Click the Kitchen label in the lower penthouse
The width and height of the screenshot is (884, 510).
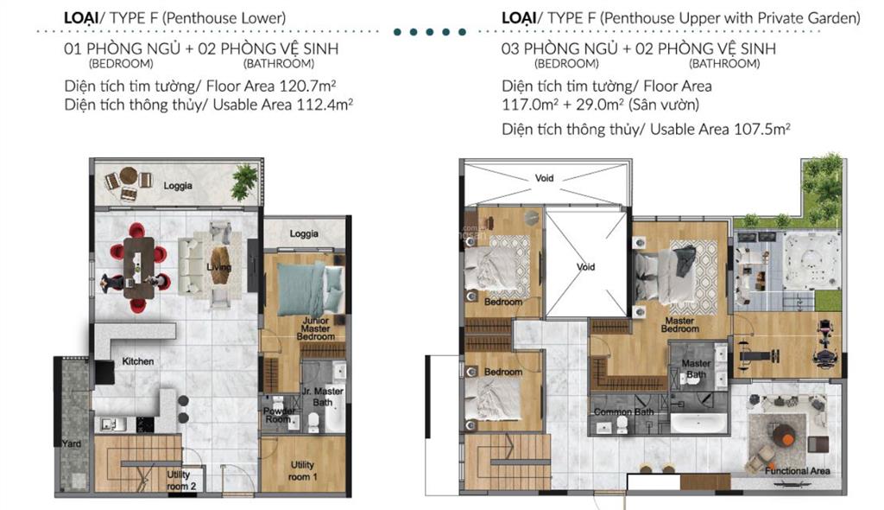[138, 361]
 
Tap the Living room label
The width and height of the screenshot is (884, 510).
[219, 268]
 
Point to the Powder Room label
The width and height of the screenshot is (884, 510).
[279, 417]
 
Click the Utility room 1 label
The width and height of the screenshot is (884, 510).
[302, 470]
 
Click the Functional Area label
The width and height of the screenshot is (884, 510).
[798, 471]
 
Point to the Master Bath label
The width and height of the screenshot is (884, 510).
[696, 369]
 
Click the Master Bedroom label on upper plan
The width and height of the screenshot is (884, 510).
[680, 324]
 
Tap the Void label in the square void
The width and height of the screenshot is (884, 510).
[586, 267]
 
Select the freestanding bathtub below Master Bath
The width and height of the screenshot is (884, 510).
[701, 424]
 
